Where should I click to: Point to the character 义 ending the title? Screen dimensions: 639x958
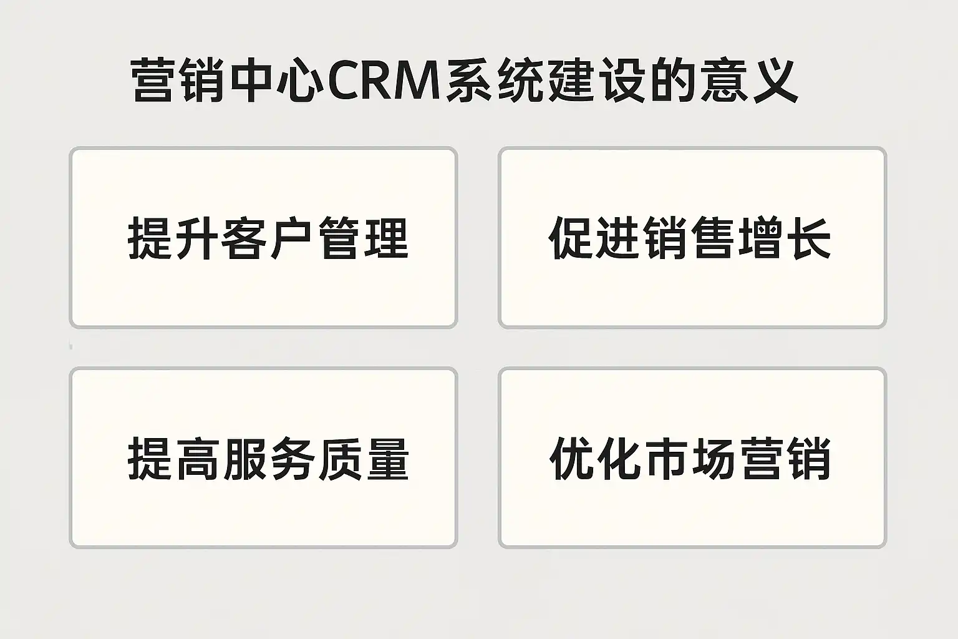(x=775, y=82)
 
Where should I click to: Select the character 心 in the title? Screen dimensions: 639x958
(x=299, y=82)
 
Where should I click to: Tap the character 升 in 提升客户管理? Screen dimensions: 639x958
(x=198, y=238)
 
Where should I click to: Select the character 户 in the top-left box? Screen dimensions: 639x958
(x=292, y=238)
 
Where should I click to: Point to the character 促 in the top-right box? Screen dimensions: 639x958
(x=571, y=238)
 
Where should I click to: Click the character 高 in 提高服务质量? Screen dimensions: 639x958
(x=198, y=459)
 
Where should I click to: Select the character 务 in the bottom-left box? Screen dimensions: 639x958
(x=292, y=459)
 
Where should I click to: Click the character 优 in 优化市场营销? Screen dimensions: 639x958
(x=571, y=459)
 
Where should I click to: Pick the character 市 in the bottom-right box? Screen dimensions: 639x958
(x=666, y=459)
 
